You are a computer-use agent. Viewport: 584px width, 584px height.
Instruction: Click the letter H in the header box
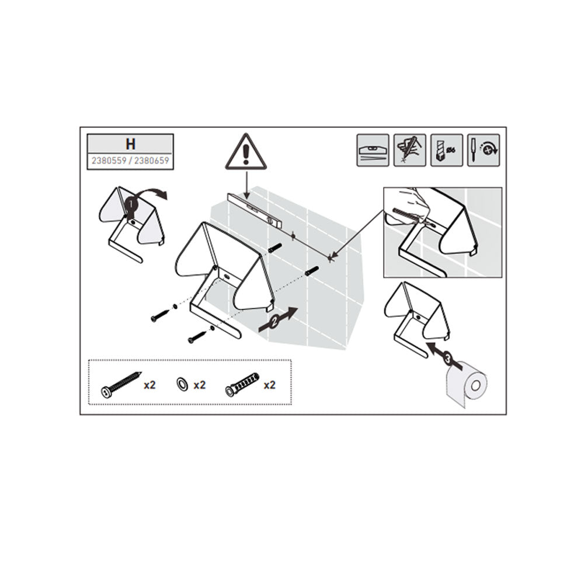(x=130, y=144)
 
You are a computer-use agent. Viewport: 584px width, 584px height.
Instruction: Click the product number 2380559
(x=109, y=161)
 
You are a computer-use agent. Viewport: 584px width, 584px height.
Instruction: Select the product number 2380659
(x=152, y=161)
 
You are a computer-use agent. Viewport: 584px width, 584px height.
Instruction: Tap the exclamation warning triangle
(x=245, y=151)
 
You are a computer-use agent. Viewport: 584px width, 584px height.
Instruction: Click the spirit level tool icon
(x=373, y=150)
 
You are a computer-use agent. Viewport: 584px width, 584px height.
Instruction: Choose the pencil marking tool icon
(x=410, y=150)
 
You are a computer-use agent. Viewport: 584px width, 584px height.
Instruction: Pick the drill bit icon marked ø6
(x=447, y=150)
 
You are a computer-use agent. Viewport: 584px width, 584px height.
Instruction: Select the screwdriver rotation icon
(x=484, y=150)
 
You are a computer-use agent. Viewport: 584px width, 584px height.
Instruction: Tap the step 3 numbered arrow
(x=444, y=356)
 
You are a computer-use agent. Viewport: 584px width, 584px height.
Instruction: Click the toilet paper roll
(x=466, y=384)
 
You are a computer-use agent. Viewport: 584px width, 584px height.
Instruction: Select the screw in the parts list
(x=121, y=384)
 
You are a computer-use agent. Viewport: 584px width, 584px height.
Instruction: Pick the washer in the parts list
(x=182, y=383)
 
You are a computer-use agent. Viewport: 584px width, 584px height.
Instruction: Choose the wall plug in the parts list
(x=242, y=384)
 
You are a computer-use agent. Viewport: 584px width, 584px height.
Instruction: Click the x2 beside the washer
(x=200, y=385)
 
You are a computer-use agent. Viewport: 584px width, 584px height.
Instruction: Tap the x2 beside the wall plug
(x=270, y=385)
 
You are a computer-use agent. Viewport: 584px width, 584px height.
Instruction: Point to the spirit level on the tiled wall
(x=255, y=211)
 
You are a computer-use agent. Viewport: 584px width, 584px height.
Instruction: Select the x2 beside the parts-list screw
(x=150, y=385)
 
